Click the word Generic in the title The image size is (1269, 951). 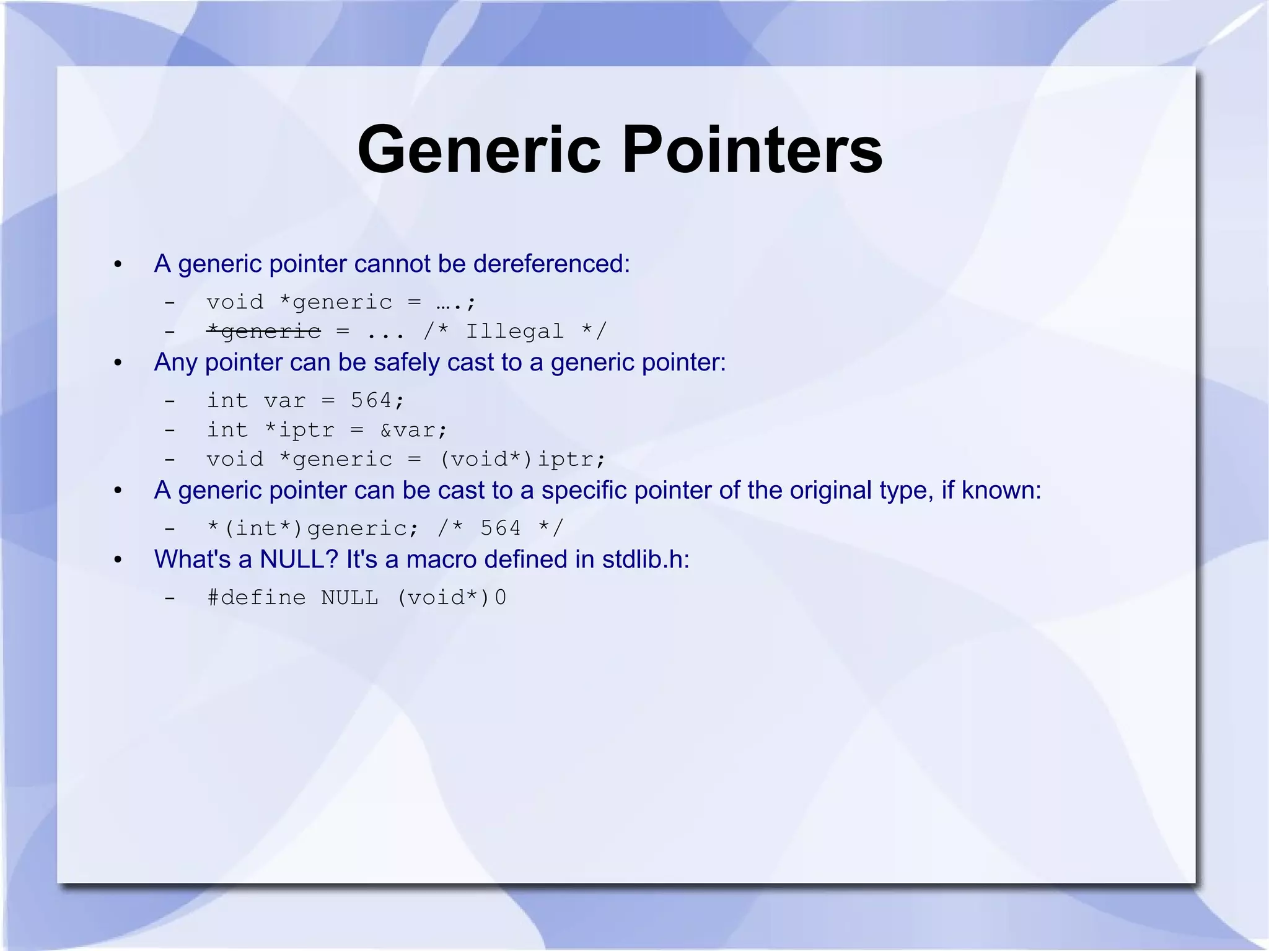(x=479, y=151)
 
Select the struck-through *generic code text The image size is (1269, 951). (x=264, y=331)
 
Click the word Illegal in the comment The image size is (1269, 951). (x=514, y=331)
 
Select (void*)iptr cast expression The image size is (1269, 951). (x=522, y=459)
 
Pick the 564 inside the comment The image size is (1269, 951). (x=501, y=528)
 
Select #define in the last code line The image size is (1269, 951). (x=257, y=598)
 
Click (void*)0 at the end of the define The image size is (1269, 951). (x=451, y=598)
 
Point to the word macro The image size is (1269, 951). (x=441, y=559)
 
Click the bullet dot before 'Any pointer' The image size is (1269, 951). (x=118, y=363)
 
